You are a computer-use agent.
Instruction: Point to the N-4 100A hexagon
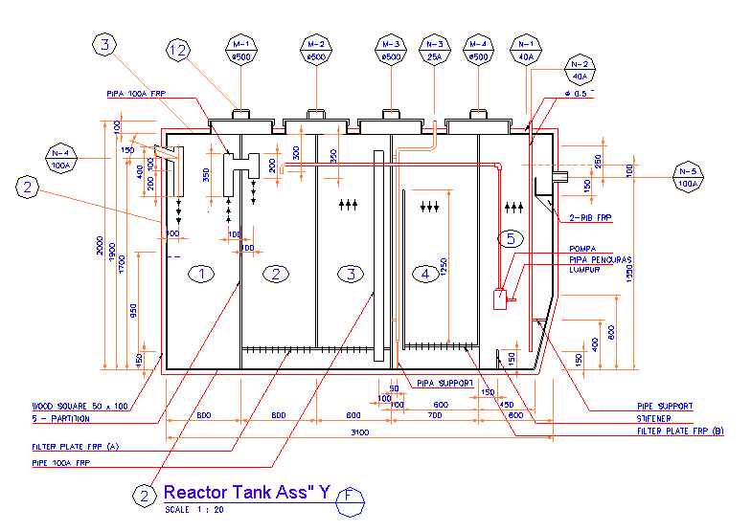tap(61, 158)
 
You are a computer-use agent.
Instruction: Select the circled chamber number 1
tap(201, 275)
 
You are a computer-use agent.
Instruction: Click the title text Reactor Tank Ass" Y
tap(246, 493)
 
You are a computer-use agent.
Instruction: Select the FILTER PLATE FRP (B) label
tap(680, 431)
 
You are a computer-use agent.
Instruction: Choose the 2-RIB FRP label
tap(592, 218)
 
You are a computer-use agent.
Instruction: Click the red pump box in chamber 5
tap(499, 299)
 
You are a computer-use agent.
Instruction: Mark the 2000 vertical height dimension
tap(99, 247)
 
